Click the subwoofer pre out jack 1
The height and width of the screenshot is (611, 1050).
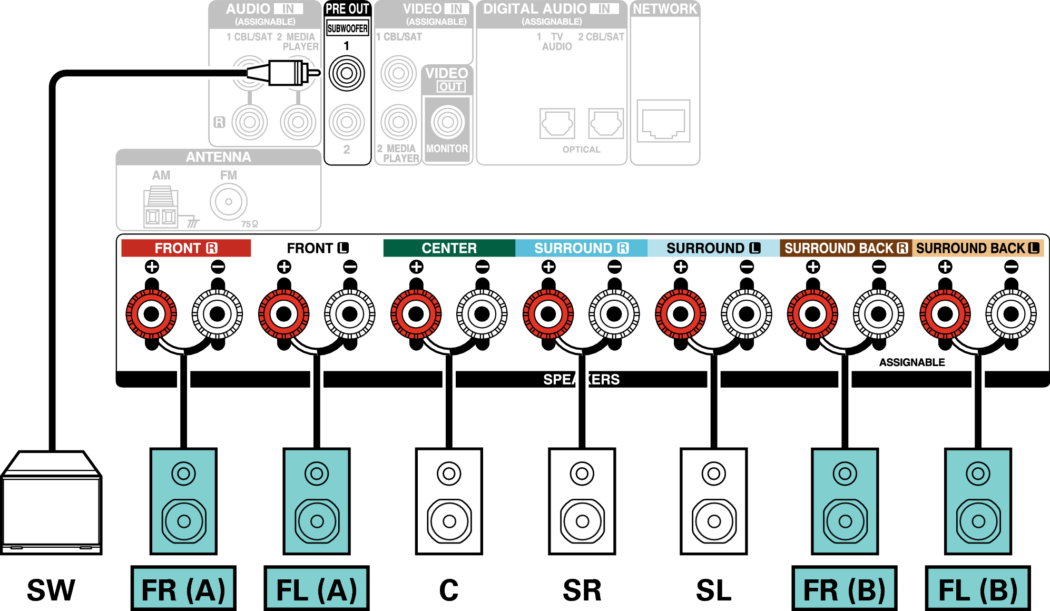pyautogui.click(x=347, y=73)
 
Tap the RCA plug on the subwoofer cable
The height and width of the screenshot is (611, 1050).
pyautogui.click(x=287, y=73)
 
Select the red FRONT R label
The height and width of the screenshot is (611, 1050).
pyautogui.click(x=185, y=248)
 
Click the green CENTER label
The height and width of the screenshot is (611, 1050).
pyautogui.click(x=449, y=248)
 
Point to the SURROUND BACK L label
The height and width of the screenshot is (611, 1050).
pyautogui.click(x=977, y=248)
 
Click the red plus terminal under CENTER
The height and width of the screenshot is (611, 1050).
pyautogui.click(x=416, y=314)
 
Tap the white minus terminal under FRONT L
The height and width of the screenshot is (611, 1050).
pyautogui.click(x=350, y=314)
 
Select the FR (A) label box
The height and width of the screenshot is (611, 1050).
pyautogui.click(x=183, y=589)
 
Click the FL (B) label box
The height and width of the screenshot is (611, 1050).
pyautogui.click(x=977, y=589)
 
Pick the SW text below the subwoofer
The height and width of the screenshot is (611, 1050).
pyautogui.click(x=51, y=590)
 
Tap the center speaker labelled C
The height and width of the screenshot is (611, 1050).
pyautogui.click(x=449, y=500)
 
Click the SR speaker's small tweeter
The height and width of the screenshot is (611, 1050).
pyautogui.click(x=582, y=474)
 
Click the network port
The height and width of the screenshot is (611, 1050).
pyautogui.click(x=663, y=121)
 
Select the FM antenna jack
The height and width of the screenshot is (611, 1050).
pyautogui.click(x=229, y=202)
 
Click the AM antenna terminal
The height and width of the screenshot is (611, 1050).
pyautogui.click(x=161, y=207)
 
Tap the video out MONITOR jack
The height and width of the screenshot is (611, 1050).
pyautogui.click(x=447, y=122)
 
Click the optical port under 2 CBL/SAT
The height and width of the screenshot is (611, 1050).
pyautogui.click(x=606, y=124)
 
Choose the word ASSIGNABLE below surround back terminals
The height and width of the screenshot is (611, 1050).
pyautogui.click(x=912, y=362)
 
